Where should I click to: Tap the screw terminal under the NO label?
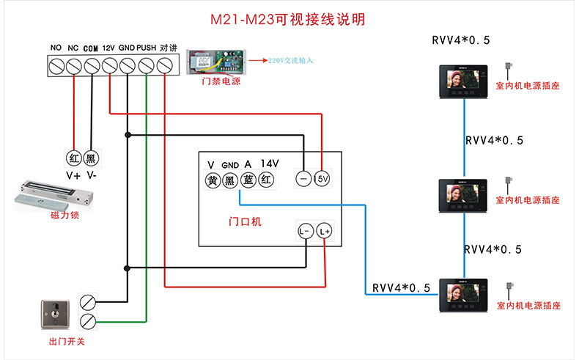point(56,67)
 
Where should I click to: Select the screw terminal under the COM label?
point(92,67)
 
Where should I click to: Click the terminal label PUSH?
point(146,48)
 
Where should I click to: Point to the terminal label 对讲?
point(168,48)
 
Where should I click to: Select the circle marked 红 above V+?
point(73,158)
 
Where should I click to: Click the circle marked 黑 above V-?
point(92,158)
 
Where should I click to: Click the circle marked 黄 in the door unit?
point(212,180)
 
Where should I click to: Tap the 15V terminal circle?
point(322,178)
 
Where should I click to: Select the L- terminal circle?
point(305,232)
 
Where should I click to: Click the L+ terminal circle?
point(325,232)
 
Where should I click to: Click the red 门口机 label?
point(245,221)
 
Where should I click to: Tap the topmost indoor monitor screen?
point(462,81)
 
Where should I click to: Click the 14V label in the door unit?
point(269,164)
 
